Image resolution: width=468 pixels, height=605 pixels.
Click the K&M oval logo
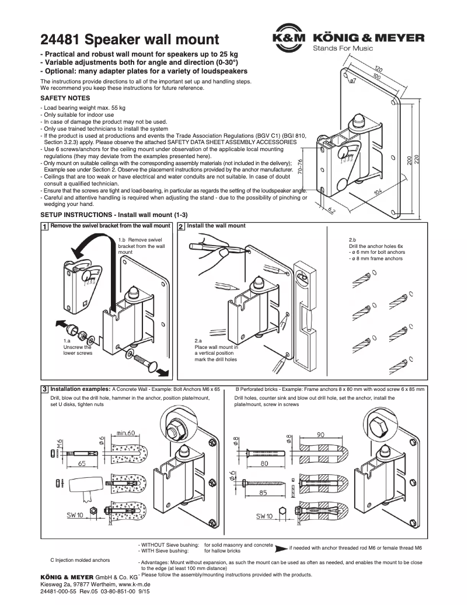pos(289,39)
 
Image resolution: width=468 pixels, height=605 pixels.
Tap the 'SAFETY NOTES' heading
pos(65,99)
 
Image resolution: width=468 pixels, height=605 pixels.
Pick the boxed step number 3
pos(44,389)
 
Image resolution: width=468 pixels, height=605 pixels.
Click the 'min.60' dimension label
pos(125,433)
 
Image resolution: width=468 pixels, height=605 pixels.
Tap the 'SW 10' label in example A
pos(74,515)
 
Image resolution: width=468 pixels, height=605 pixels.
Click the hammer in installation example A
pos(85,486)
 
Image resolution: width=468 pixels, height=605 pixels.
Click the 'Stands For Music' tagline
pos(343,48)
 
